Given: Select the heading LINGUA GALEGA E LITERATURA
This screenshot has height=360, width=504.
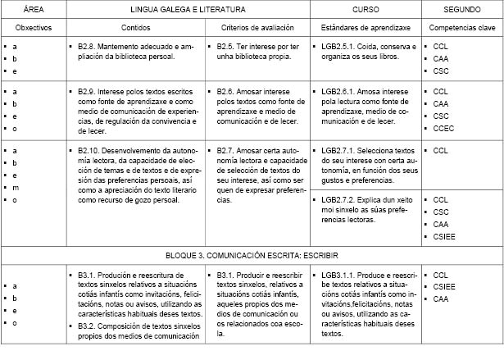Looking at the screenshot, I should pos(187,8).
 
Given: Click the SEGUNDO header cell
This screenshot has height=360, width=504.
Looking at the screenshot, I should pos(461,8).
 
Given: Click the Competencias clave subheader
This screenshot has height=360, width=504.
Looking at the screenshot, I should pos(461,27).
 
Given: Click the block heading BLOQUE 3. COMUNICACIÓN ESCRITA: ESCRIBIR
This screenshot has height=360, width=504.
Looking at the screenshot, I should pos(252,255).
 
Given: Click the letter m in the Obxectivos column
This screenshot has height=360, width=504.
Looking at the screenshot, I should pos(16,187).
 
